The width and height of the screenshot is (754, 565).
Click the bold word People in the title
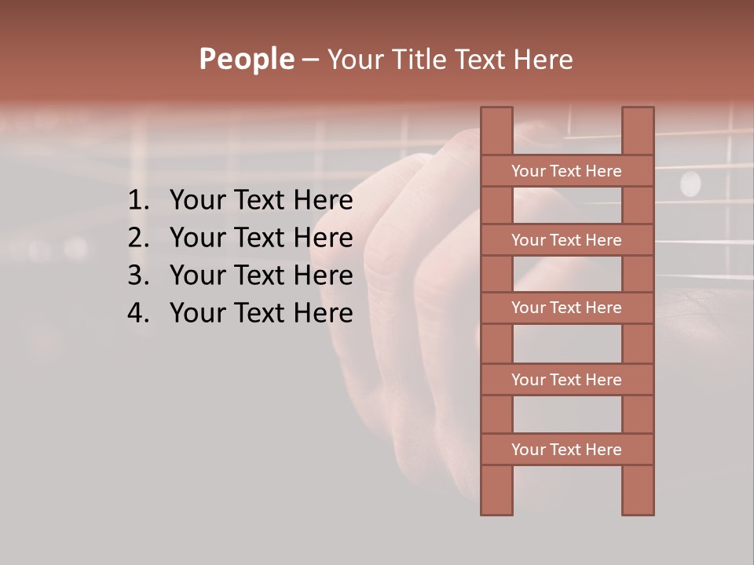[x=247, y=59]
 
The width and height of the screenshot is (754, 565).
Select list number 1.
[x=139, y=201]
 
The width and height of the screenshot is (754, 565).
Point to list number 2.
[x=139, y=238]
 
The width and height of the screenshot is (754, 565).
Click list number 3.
[x=139, y=275]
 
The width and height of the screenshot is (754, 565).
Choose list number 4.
[x=139, y=313]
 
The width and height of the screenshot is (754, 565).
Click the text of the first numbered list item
[x=261, y=201]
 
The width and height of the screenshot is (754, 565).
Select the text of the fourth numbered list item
[x=261, y=313]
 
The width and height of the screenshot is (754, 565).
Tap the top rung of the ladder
[x=566, y=171]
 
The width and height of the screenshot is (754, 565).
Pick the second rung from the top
[x=566, y=240]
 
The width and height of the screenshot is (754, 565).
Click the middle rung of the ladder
[x=566, y=308]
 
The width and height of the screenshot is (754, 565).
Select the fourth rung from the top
[x=566, y=380]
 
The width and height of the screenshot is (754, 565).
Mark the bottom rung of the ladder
[x=566, y=450]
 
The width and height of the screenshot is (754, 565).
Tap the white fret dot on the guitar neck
[x=690, y=184]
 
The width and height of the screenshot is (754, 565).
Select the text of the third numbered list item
[x=261, y=275]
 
